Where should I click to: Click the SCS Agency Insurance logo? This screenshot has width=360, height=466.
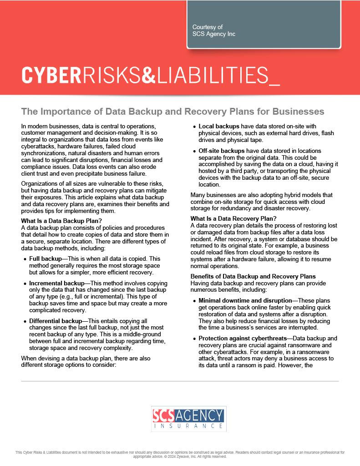click(188, 419)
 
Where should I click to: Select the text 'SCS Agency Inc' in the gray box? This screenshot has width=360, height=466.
click(214, 34)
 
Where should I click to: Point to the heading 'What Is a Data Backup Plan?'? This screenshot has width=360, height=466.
click(61, 222)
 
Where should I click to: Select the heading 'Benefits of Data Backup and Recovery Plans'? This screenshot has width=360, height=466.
click(253, 277)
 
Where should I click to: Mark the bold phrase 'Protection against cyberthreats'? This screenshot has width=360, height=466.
click(244, 339)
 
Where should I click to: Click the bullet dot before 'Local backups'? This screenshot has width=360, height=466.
click(194, 127)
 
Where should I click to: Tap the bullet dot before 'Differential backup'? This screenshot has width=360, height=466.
click(25, 322)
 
